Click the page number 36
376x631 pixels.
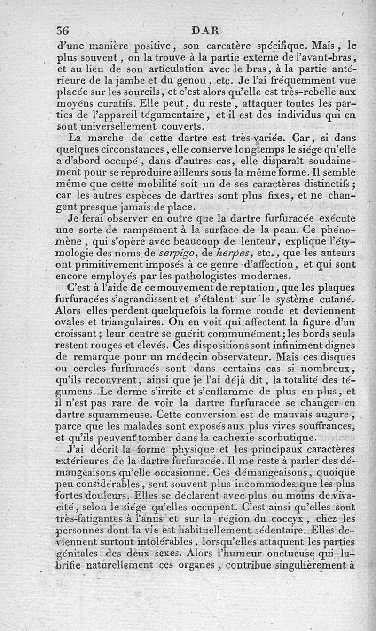(x=63, y=31)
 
